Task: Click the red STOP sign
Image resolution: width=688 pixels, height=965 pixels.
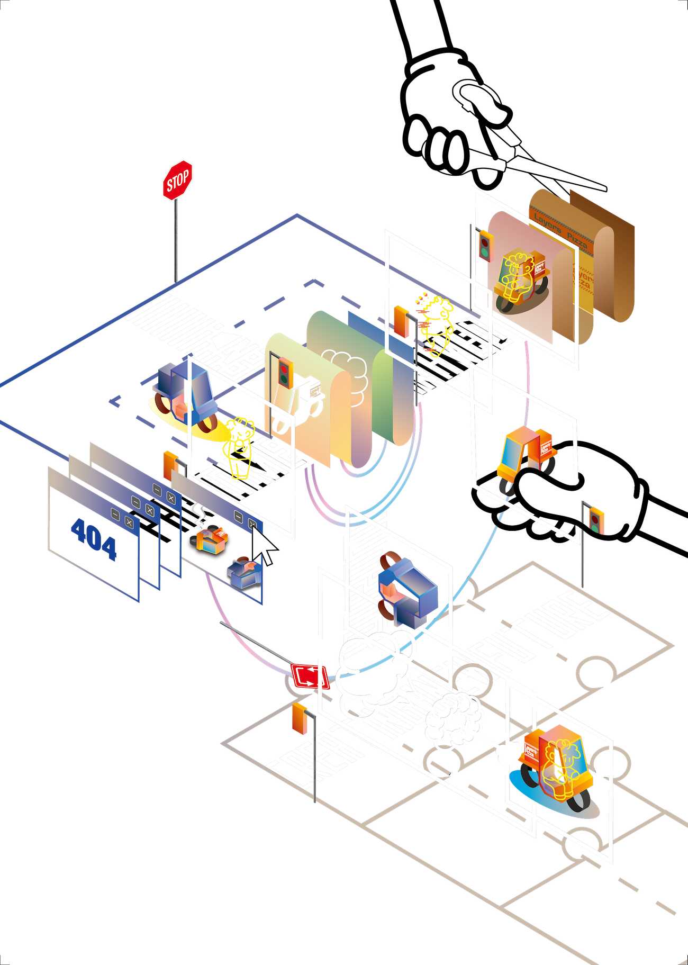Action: tap(177, 181)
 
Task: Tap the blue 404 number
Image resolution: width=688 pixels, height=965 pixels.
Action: tap(94, 538)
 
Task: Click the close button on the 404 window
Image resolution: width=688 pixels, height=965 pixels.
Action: tap(129, 522)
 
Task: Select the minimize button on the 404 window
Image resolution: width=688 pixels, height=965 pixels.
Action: tap(115, 513)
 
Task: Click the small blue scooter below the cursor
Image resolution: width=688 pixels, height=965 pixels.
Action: tap(245, 573)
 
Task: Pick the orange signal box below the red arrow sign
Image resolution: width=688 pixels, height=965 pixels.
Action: tap(300, 718)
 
